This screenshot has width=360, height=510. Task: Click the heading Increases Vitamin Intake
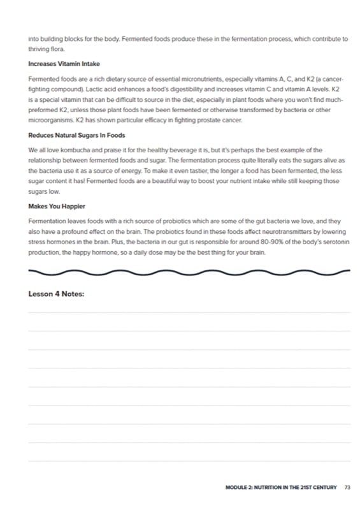point(64,64)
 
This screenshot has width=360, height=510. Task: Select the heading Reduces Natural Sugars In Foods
point(76,135)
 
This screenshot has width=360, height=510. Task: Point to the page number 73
point(347,488)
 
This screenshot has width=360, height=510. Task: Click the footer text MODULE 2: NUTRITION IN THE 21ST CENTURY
point(281,488)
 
